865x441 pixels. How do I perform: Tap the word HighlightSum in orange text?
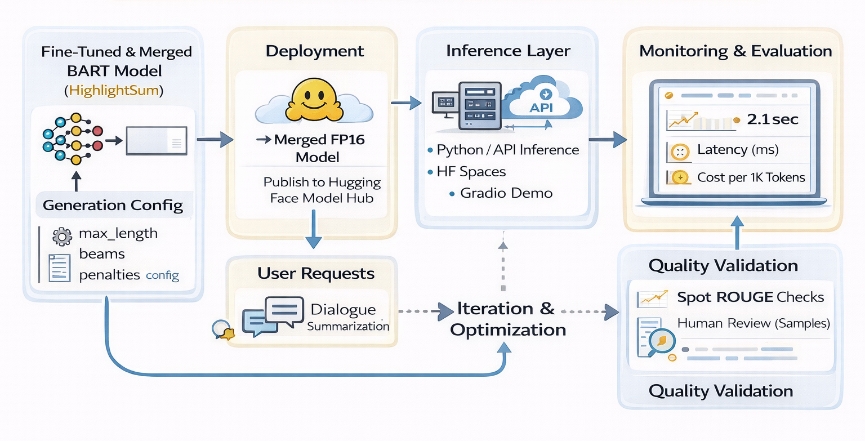point(114,90)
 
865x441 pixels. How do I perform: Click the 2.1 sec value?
point(773,119)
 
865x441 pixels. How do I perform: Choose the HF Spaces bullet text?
point(471,171)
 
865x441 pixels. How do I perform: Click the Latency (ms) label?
point(738,150)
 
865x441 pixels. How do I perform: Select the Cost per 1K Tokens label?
point(751,177)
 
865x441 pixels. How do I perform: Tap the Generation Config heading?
point(113,205)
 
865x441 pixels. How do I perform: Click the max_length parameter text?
point(118,233)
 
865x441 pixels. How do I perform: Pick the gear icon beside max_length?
point(61,236)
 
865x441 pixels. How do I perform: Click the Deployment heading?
point(314,51)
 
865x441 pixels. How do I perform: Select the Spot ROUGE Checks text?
point(751,297)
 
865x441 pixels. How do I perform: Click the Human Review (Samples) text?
point(753,323)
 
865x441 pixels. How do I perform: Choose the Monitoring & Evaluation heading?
point(735,51)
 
